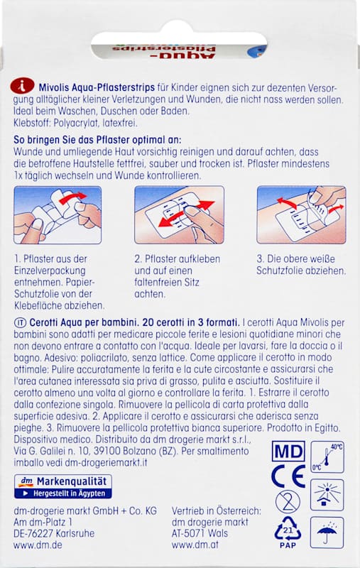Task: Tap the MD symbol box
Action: coord(288,452)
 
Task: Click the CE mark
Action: coord(288,476)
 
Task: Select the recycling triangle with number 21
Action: coord(288,530)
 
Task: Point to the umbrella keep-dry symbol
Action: coord(327,532)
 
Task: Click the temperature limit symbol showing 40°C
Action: coord(327,457)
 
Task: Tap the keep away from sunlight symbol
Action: coord(327,495)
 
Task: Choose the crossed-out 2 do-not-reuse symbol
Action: coord(288,502)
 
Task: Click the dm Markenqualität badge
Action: coord(63,486)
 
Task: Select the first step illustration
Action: coord(58,215)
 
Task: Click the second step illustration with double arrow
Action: coord(179,215)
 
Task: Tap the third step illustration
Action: coord(301,215)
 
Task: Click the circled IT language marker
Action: coord(20,322)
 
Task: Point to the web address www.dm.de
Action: coord(38,545)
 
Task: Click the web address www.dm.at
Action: coord(195,545)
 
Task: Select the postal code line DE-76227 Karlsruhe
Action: coord(54,533)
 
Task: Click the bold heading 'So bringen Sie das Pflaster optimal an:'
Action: coord(97,140)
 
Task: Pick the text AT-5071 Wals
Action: coord(200,533)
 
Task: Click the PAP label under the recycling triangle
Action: coord(288,545)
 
